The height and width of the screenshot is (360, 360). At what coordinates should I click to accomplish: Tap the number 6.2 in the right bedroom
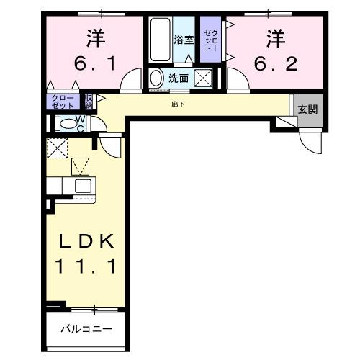point(274,64)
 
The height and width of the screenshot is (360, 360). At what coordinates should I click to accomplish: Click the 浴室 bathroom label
point(184,40)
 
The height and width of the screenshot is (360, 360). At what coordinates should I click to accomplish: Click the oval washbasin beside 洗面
point(156,78)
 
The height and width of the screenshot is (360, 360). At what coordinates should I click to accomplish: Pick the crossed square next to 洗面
point(204,78)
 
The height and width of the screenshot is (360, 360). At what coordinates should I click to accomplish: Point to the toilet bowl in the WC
point(67,124)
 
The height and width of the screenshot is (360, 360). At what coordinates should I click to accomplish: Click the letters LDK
point(85,240)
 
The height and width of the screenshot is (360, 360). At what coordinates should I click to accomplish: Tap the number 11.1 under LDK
point(85,267)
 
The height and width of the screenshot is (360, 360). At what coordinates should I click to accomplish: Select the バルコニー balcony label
point(85,329)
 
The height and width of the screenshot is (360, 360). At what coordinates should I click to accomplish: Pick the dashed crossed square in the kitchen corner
point(56,149)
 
